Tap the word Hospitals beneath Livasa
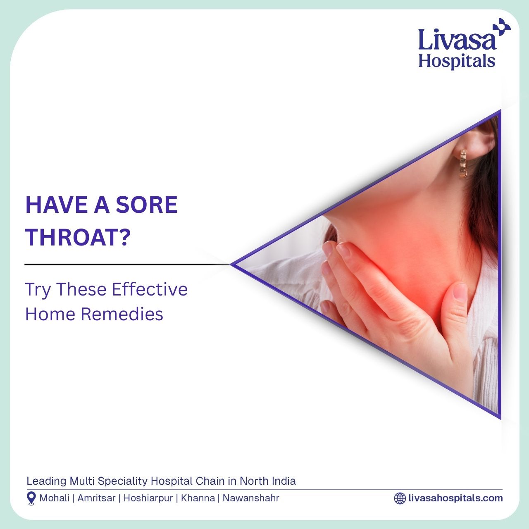tap(457, 61)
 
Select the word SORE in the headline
tap(147, 205)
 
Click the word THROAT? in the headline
tap(77, 237)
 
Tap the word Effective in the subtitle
tap(150, 289)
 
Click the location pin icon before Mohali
tap(31, 498)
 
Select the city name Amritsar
tap(96, 498)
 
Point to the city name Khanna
tap(198, 498)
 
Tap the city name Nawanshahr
tap(251, 498)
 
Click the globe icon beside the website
tap(400, 498)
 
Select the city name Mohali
tap(55, 498)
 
